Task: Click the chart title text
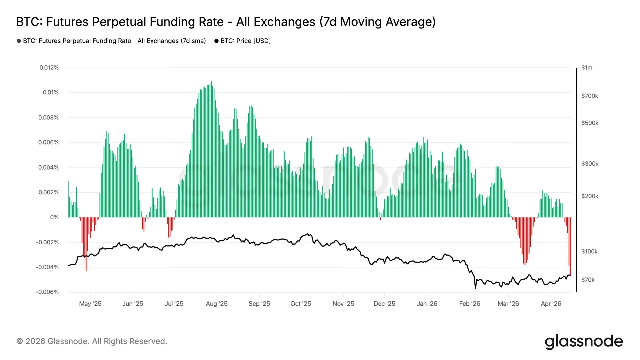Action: point(226,22)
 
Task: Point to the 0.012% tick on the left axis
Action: point(49,68)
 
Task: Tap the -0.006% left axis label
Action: point(47,292)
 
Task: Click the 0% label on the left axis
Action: point(54,217)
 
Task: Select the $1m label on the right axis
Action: point(587,68)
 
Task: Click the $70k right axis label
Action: point(588,280)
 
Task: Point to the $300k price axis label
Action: point(590,164)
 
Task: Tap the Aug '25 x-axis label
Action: point(217,304)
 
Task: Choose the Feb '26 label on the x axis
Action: point(469,304)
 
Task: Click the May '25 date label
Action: point(90,304)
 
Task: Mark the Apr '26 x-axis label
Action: point(551,304)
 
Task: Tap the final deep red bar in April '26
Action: point(570,247)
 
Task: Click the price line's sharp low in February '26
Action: point(475,288)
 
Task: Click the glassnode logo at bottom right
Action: point(584,342)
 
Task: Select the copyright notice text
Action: point(92,341)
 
